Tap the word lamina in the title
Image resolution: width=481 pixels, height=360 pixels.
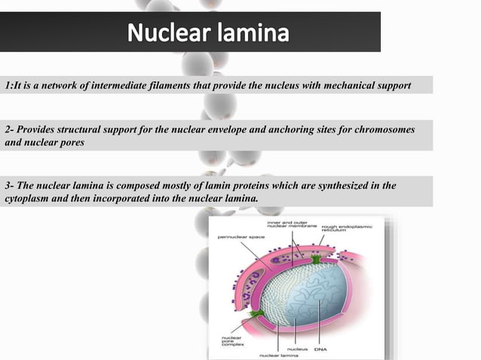pos(253,35)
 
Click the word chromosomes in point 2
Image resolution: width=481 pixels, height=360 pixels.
pos(381,129)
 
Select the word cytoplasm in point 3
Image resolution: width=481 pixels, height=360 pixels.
pos(28,198)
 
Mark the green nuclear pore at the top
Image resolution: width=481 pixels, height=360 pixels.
pos(316,260)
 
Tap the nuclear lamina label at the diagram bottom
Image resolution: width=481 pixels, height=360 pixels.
pos(280,355)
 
